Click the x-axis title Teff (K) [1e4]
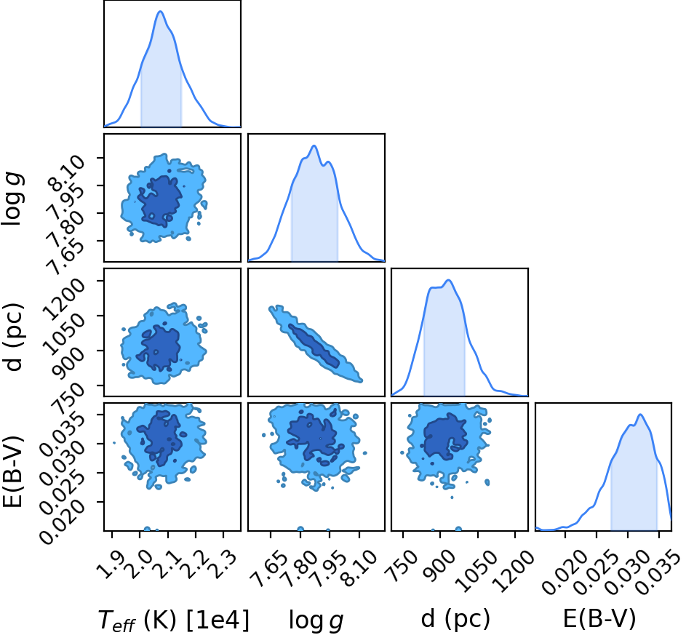(x=174, y=620)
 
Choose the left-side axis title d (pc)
(x=13, y=336)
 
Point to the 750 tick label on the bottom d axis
(x=402, y=564)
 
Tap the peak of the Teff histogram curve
(x=160, y=12)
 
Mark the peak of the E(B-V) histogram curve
(x=640, y=414)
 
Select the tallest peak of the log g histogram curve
(x=314, y=145)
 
